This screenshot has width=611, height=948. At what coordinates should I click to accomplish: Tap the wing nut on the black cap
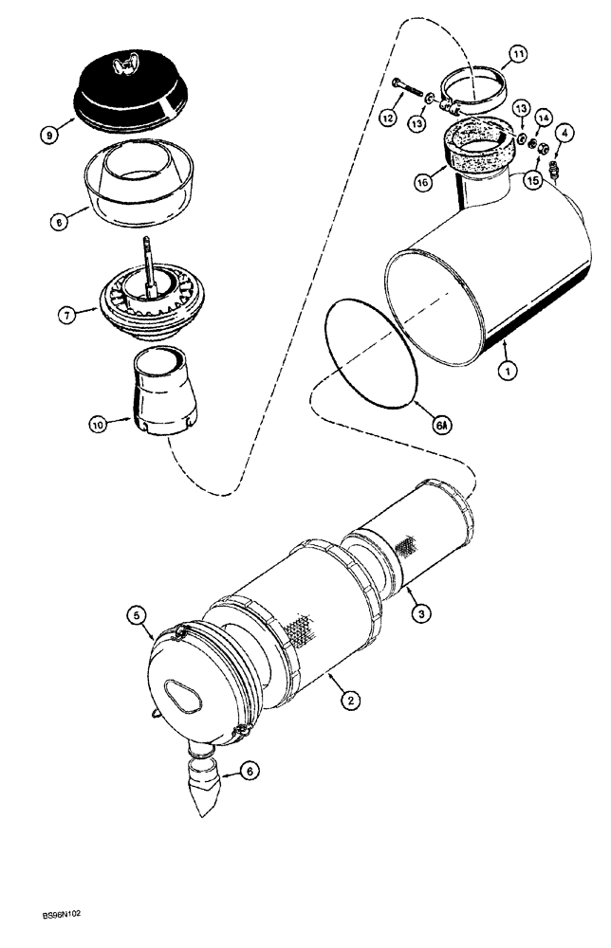coord(122,65)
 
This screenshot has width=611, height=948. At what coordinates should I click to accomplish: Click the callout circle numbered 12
coord(387,117)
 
